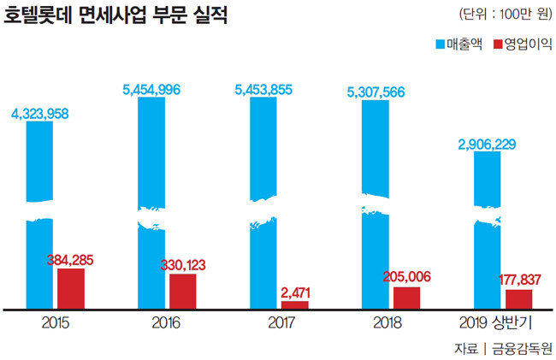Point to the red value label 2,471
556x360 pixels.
pyautogui.click(x=294, y=292)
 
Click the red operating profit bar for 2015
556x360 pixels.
pyautogui.click(x=71, y=288)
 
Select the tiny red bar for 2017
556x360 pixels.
pyautogui.click(x=294, y=304)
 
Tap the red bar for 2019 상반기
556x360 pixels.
pyautogui.click(x=518, y=299)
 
